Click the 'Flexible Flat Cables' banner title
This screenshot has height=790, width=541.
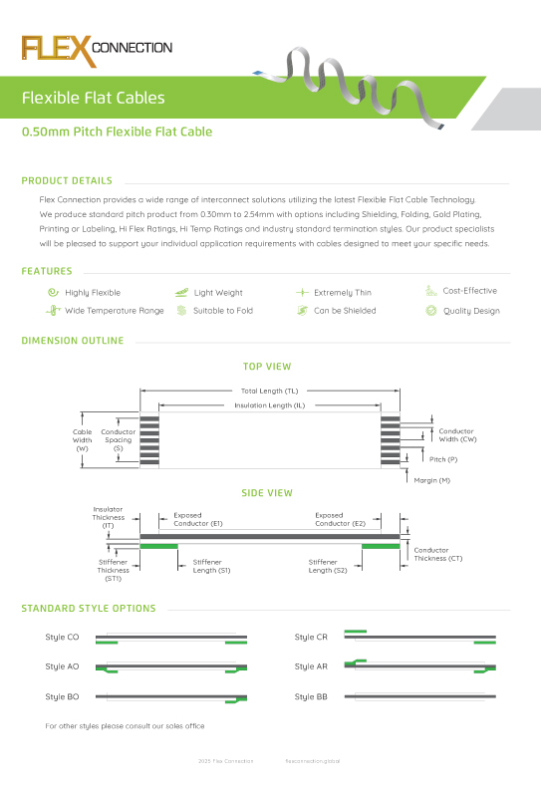coord(94,99)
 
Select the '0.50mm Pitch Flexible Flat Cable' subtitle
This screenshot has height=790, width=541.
coord(118,132)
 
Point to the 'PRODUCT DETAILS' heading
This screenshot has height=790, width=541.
coord(67,181)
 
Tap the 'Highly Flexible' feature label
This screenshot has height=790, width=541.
coord(93,293)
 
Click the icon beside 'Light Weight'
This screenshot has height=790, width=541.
coord(181,293)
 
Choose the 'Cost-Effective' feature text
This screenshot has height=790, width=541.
coord(470,291)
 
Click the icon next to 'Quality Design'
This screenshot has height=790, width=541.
coord(430,311)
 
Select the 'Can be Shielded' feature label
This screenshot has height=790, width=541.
coord(345,311)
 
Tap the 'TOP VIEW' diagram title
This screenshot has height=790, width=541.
coord(267,368)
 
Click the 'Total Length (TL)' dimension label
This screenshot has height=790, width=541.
coord(270,392)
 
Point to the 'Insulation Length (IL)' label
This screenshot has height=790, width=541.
coord(270,405)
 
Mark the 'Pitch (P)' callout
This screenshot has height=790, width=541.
coord(443,459)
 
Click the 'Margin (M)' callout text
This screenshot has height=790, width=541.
coord(432,480)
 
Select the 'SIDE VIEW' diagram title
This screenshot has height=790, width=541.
coord(267,493)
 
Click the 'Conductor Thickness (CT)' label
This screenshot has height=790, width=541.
coord(438,554)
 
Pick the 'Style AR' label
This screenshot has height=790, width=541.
coord(311,666)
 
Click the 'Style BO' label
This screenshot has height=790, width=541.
coord(62,696)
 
